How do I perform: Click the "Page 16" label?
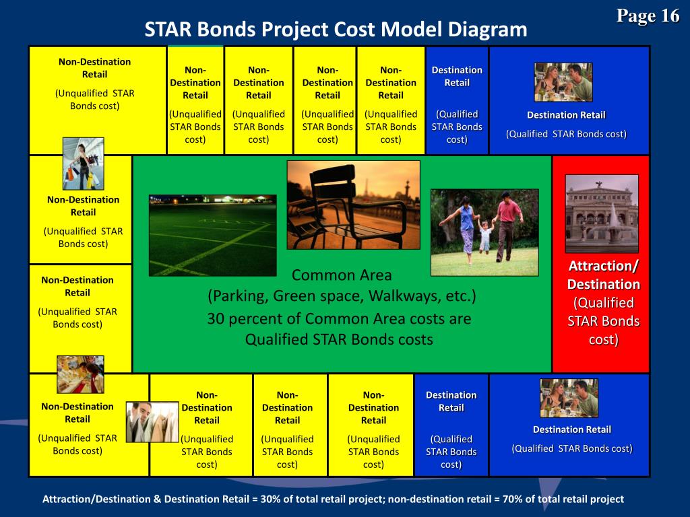(648, 16)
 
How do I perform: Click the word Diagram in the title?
(486, 30)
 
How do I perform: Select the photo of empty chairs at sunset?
(353, 205)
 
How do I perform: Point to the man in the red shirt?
(507, 223)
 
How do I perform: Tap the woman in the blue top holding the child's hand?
(465, 226)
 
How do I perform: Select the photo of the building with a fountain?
(601, 213)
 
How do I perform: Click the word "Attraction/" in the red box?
(603, 267)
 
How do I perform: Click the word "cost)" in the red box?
(603, 339)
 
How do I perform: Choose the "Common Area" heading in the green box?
(342, 275)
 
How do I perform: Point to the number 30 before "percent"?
(217, 318)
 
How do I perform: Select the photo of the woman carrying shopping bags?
(84, 163)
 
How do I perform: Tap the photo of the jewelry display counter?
(80, 374)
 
